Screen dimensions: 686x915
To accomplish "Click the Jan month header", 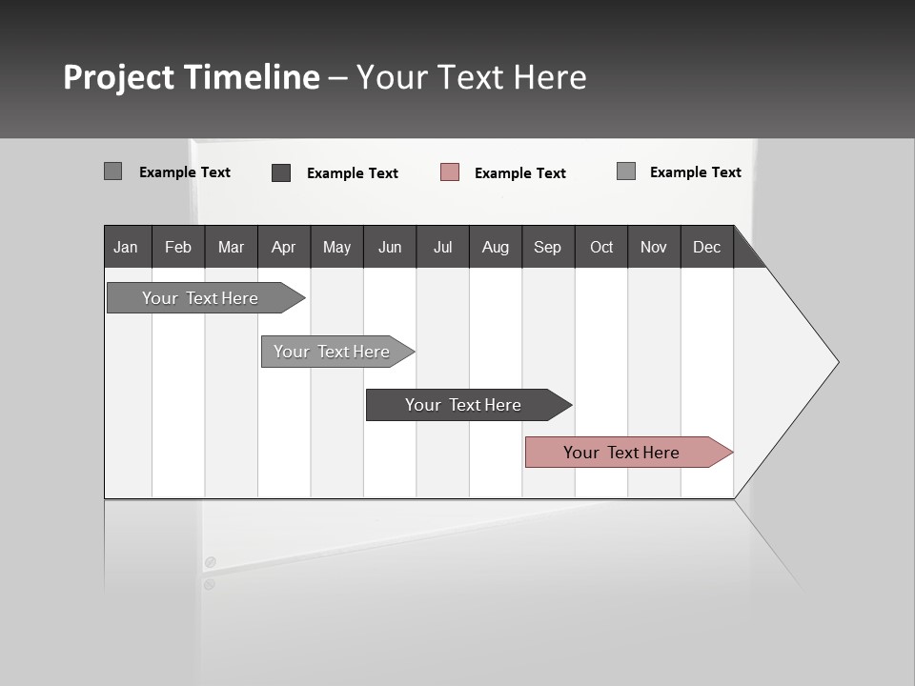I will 127,247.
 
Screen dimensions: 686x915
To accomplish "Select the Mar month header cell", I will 231,247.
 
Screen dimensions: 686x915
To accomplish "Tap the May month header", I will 336,247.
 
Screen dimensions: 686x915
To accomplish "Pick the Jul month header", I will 442,247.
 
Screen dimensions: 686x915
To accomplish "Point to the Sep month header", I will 547,247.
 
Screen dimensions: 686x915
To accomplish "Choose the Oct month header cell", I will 601,247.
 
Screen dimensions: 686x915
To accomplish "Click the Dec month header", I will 706,247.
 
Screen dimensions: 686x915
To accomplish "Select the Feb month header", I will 178,247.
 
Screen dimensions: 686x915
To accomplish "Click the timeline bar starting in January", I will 200,298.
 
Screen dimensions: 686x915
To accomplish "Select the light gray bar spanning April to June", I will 332,352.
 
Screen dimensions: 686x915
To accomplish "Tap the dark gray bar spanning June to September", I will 463,405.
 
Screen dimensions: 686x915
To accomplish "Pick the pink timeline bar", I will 621,453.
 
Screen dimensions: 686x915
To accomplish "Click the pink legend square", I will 450,172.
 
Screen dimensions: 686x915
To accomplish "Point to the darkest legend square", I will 281,172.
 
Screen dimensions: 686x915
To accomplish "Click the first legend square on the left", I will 113,171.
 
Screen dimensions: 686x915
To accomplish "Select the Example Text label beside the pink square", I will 520,173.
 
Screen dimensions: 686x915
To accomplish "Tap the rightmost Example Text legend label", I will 695,172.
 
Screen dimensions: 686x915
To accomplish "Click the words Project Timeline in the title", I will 192,77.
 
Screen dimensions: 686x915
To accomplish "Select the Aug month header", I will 495,247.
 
